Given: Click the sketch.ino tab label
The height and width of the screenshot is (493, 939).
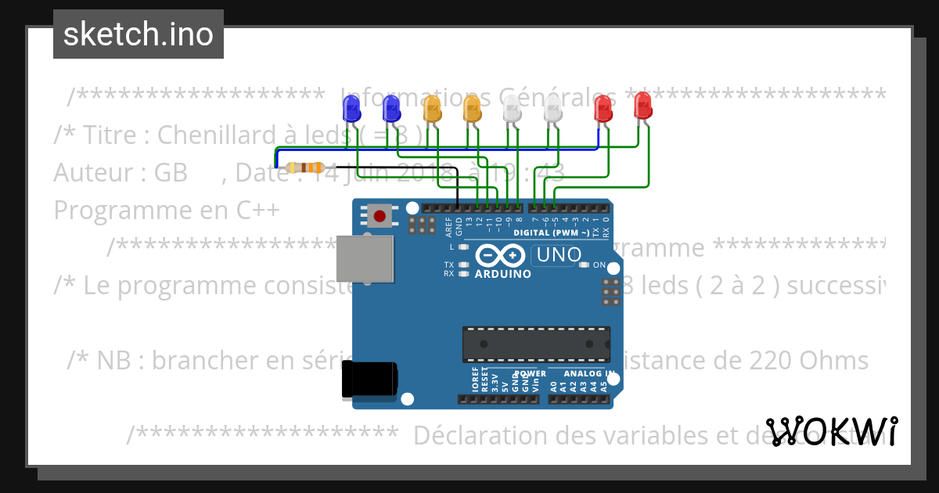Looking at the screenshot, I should [139, 34].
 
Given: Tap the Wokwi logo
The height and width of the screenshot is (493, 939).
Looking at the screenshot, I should [831, 431].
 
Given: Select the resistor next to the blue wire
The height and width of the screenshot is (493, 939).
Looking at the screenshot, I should [305, 167].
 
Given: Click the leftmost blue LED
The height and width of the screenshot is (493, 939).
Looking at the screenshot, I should [349, 108].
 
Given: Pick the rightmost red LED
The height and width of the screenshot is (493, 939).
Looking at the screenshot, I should [642, 105].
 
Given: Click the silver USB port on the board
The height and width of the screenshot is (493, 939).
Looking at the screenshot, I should [365, 258].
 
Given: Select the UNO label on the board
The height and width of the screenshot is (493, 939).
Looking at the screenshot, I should [557, 255].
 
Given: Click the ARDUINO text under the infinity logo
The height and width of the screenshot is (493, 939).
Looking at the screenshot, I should [503, 275].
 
